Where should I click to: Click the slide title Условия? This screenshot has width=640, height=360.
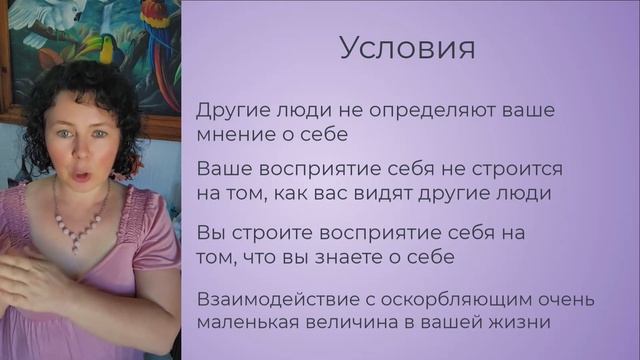[405, 47]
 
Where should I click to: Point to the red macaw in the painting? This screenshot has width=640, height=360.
[158, 30]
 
